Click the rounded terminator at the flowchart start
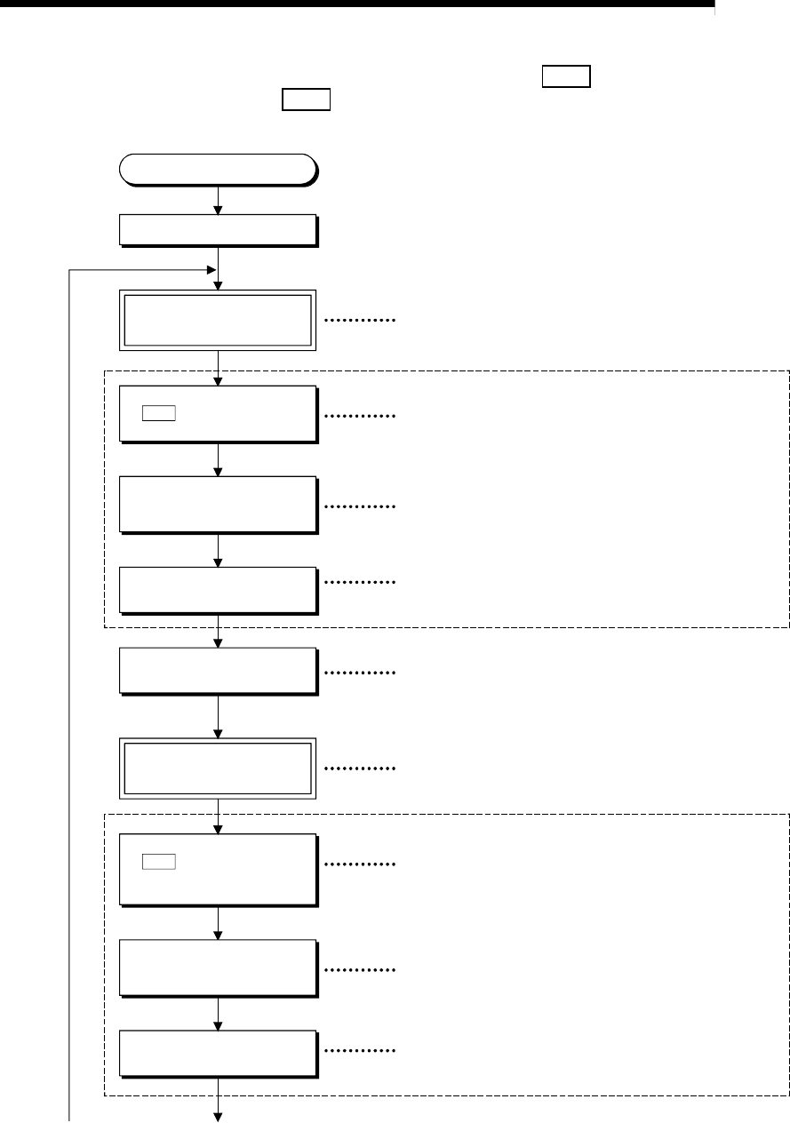click(218, 170)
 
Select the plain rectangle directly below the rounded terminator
click(218, 230)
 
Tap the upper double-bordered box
click(218, 320)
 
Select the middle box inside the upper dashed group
click(218, 505)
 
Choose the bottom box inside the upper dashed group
click(218, 589)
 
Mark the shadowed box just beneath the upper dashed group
click(218, 671)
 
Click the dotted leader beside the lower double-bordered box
click(360, 768)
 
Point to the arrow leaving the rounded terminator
click(218, 200)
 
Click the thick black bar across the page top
click(356, 4)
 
